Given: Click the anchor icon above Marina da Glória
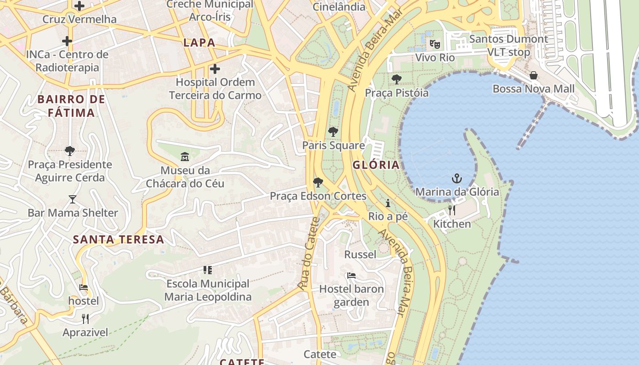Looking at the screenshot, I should point(456,178).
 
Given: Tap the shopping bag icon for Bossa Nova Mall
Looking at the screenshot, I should point(533,75).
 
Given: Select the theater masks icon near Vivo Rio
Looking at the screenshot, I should point(435,44).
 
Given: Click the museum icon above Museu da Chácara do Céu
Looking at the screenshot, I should point(185,157).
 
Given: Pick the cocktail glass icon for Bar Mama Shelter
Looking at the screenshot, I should point(73,199).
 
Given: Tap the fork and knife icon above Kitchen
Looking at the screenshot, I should point(452,210).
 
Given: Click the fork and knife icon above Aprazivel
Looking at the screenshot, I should point(85,318).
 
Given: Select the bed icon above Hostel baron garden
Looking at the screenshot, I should point(351,275).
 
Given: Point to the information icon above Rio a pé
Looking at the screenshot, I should point(388,203).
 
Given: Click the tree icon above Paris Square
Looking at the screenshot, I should point(333,132).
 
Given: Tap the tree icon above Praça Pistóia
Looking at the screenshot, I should point(397,79).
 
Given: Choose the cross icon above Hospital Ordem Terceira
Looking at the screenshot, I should point(215,69).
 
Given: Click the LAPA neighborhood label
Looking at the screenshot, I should point(199,43).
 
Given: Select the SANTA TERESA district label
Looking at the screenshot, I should point(119,240).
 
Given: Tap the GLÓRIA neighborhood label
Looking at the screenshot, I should point(376,165).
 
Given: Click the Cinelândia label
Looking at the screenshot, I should point(339,7).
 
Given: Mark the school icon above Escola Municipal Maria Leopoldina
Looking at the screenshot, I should point(208,270).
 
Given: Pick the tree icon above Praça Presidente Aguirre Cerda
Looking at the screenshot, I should point(70,151).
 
